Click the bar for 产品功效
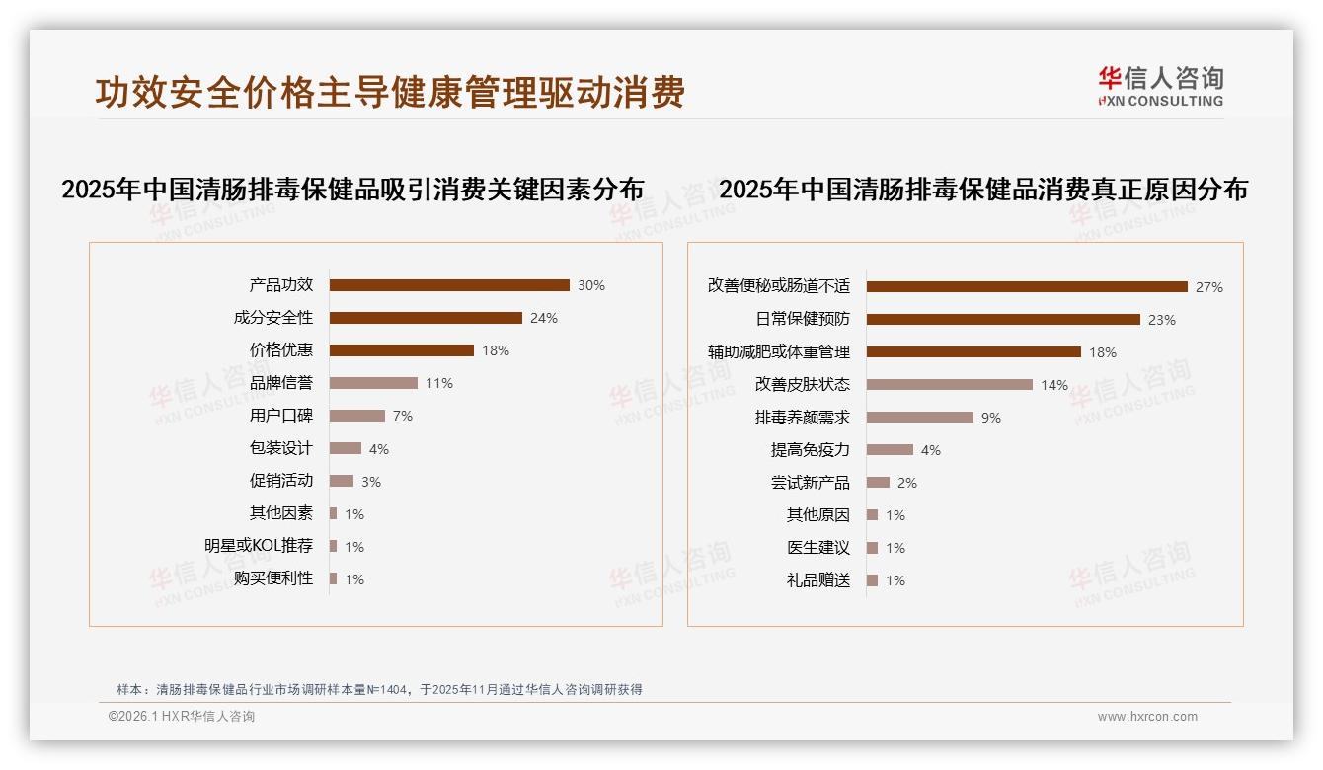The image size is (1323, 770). click(x=449, y=285)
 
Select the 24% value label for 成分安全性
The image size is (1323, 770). click(x=543, y=318)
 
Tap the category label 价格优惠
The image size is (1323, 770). click(x=280, y=350)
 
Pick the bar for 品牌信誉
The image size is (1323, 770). click(x=373, y=383)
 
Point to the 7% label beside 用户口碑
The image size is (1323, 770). click(x=402, y=416)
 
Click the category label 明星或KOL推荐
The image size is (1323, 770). click(x=259, y=546)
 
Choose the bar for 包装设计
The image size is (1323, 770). click(x=346, y=448)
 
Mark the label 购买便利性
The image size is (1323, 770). click(x=272, y=578)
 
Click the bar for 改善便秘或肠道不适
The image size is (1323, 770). click(x=1027, y=287)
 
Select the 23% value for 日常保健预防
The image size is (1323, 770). click(x=1161, y=320)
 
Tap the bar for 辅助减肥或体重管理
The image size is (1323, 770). click(x=973, y=352)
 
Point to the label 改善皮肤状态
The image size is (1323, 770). click(x=802, y=385)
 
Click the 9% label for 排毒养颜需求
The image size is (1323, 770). click(x=990, y=418)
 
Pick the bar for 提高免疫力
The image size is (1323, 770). click(x=890, y=450)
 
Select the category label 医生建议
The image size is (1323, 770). click(x=817, y=548)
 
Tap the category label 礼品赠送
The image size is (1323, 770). click(x=817, y=580)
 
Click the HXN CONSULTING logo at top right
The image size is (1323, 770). click(x=1160, y=87)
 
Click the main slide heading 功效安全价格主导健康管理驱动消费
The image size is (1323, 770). click(x=390, y=93)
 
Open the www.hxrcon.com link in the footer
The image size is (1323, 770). click(x=1147, y=717)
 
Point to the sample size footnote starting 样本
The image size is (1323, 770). click(x=379, y=689)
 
